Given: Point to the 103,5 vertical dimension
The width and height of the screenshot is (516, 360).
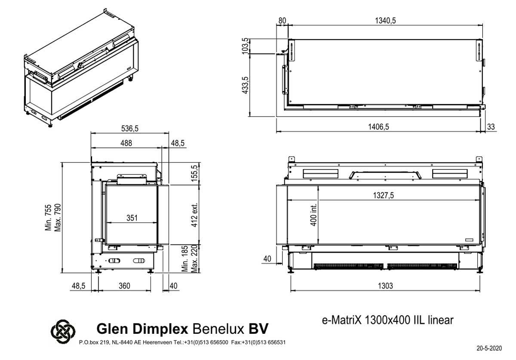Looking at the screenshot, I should click(x=246, y=46).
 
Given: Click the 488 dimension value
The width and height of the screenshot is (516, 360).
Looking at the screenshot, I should click(x=126, y=143).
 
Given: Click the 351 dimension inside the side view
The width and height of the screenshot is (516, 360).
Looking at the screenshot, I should click(x=132, y=218).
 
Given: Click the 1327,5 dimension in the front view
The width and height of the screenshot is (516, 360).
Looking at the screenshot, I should click(x=383, y=195).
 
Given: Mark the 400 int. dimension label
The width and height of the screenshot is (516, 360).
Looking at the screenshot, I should click(x=313, y=214).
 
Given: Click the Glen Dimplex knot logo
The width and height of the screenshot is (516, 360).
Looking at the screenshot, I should click(x=63, y=331).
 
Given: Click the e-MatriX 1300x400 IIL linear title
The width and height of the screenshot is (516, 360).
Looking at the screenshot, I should click(x=387, y=320).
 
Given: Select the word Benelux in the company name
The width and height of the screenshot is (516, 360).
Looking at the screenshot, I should click(x=219, y=329).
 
